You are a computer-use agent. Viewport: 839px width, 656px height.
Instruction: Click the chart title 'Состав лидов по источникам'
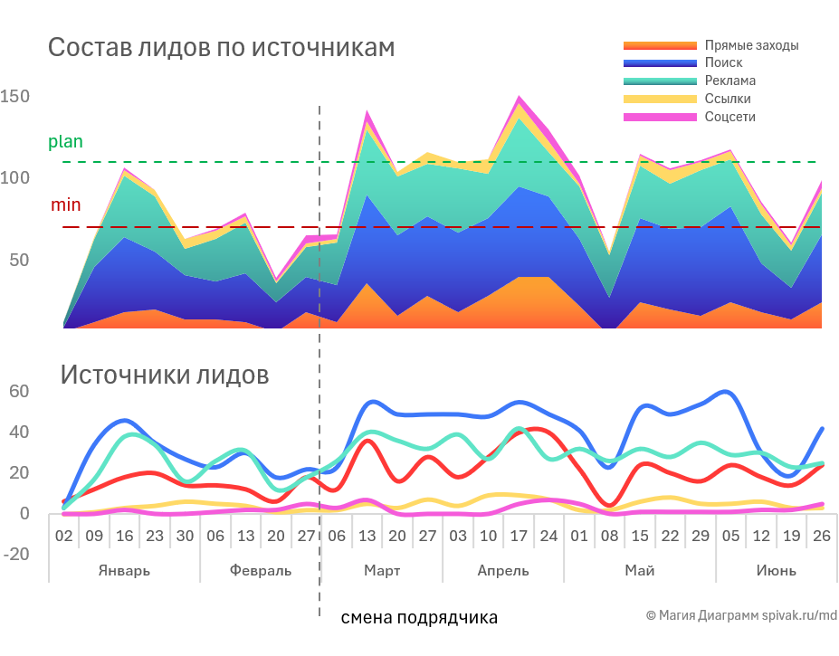221,48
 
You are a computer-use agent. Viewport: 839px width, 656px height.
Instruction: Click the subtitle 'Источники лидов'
164,375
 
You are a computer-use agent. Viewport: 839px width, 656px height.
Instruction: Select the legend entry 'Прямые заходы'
751,45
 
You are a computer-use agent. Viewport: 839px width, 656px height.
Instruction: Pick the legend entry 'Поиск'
723,63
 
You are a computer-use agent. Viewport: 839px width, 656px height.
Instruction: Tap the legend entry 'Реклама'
729,81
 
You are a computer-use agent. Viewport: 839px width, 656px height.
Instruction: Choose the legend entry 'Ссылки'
727,100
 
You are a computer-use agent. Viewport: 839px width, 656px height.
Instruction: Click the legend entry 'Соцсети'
729,118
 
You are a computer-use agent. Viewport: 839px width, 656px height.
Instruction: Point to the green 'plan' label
65,142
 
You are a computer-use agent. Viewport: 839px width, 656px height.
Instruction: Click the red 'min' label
65,205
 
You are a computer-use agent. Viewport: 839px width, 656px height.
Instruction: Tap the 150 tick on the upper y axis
15,97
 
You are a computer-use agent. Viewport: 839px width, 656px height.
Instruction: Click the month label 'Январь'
124,571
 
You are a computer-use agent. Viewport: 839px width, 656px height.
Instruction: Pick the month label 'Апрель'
503,571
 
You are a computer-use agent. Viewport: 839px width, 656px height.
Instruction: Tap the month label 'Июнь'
777,571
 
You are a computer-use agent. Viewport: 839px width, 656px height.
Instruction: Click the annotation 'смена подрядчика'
419,619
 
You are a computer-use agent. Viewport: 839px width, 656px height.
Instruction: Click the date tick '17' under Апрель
519,536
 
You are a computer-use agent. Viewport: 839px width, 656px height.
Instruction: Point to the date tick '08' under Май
610,536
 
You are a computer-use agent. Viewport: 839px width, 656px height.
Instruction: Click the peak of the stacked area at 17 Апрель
519,97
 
